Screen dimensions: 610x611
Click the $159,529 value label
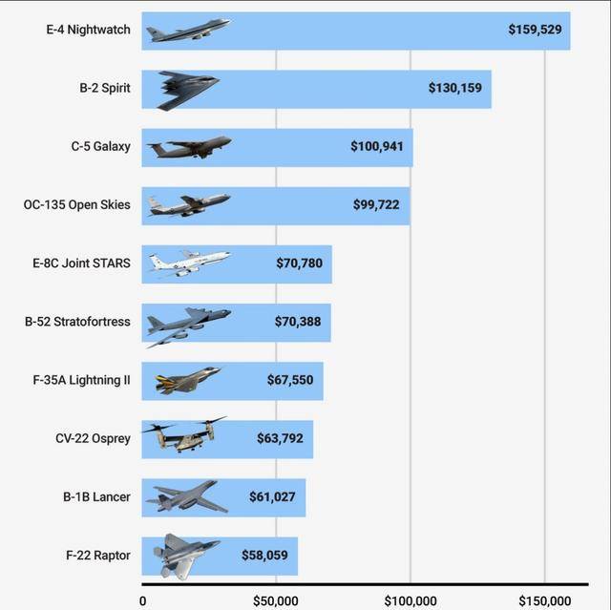tap(535, 30)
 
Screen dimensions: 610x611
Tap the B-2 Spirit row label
tap(105, 88)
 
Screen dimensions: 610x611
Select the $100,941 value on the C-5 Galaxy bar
tap(376, 147)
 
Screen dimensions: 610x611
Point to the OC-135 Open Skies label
tap(77, 204)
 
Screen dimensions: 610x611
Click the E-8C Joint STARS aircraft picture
tap(188, 263)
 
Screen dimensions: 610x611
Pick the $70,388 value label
tap(298, 322)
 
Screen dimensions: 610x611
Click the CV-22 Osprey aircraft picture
tap(183, 436)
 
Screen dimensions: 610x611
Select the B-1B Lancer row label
tap(97, 496)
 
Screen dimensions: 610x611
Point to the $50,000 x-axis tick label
tap(275, 600)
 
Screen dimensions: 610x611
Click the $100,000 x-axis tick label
tap(411, 600)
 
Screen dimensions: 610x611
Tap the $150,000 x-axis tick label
tap(544, 600)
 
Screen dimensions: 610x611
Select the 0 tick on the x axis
tap(143, 600)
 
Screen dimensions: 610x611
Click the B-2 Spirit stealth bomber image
tap(188, 90)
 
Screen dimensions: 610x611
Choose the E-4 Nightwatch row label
tap(88, 30)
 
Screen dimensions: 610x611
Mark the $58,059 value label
tap(264, 555)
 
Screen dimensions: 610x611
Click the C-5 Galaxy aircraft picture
tap(189, 147)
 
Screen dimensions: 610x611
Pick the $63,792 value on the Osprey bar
tap(280, 438)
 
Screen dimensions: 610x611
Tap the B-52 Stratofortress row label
tap(77, 322)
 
